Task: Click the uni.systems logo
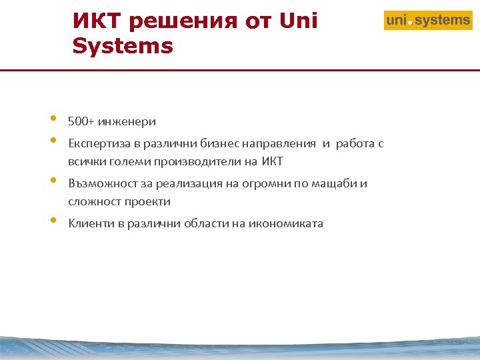click(x=428, y=21)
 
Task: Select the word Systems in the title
click(x=123, y=47)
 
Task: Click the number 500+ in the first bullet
click(x=80, y=121)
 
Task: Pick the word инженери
click(x=127, y=121)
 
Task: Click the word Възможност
click(x=99, y=184)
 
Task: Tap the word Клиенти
click(x=91, y=224)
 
